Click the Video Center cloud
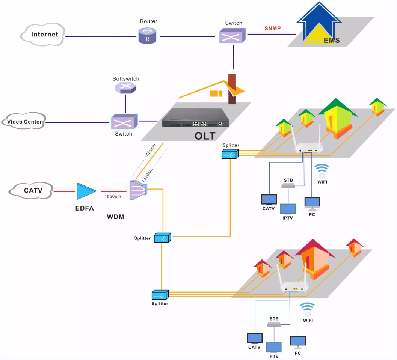pos(24,122)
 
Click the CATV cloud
pos(33,191)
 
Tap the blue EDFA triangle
pos(86,191)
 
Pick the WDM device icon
pos(138,189)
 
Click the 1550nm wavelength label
pos(113,196)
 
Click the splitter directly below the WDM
pos(162,238)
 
